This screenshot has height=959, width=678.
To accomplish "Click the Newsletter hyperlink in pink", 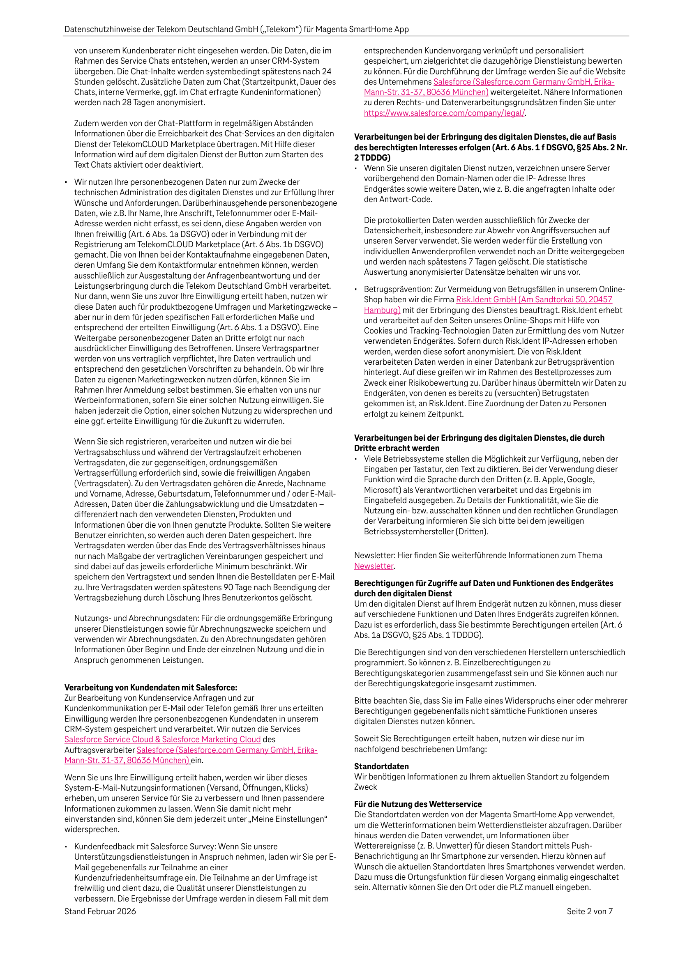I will (x=374, y=566).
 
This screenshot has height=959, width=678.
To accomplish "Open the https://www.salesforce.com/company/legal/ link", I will (x=444, y=113).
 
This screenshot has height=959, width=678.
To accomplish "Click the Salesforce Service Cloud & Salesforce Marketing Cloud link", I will (x=162, y=739).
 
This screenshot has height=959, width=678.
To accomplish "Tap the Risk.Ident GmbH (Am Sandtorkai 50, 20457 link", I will (x=534, y=299).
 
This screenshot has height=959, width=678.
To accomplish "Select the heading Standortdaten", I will (x=381, y=766).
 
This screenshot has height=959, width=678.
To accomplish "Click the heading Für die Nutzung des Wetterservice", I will (x=417, y=804).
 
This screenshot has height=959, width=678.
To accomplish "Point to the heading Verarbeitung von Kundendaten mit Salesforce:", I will (x=150, y=688).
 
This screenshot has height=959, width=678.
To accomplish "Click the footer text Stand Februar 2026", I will (x=100, y=911).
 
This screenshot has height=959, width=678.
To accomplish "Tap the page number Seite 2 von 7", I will (x=589, y=911).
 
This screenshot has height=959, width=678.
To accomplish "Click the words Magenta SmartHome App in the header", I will (x=362, y=29).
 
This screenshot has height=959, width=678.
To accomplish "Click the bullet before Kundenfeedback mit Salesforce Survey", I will (x=66, y=846).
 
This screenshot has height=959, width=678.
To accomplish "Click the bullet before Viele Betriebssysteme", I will (x=356, y=459).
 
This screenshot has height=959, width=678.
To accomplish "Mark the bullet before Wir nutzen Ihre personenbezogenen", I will (x=66, y=182).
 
